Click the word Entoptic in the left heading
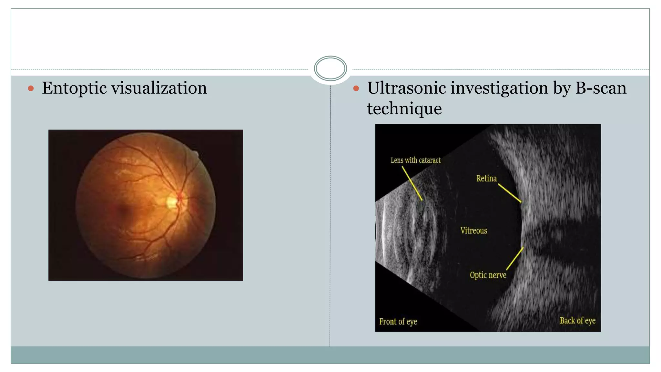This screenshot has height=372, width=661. pyautogui.click(x=74, y=88)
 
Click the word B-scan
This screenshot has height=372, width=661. pyautogui.click(x=601, y=88)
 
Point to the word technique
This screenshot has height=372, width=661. pyautogui.click(x=404, y=108)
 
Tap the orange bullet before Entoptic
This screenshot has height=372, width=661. pyautogui.click(x=31, y=88)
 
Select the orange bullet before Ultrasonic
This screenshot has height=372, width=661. pyautogui.click(x=356, y=88)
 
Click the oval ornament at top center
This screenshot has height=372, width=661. pyautogui.click(x=330, y=68)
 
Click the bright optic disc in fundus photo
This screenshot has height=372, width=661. pyautogui.click(x=171, y=202)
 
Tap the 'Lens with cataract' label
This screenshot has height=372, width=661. pyautogui.click(x=415, y=160)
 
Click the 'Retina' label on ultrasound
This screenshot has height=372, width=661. pyautogui.click(x=486, y=178)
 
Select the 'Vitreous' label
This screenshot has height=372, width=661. pyautogui.click(x=473, y=231)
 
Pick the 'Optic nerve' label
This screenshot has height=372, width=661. pyautogui.click(x=488, y=275)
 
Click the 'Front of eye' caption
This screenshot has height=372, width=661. pyautogui.click(x=398, y=322)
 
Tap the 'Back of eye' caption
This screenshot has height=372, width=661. pyautogui.click(x=577, y=321)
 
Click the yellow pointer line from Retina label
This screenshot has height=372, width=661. pyautogui.click(x=510, y=193)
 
